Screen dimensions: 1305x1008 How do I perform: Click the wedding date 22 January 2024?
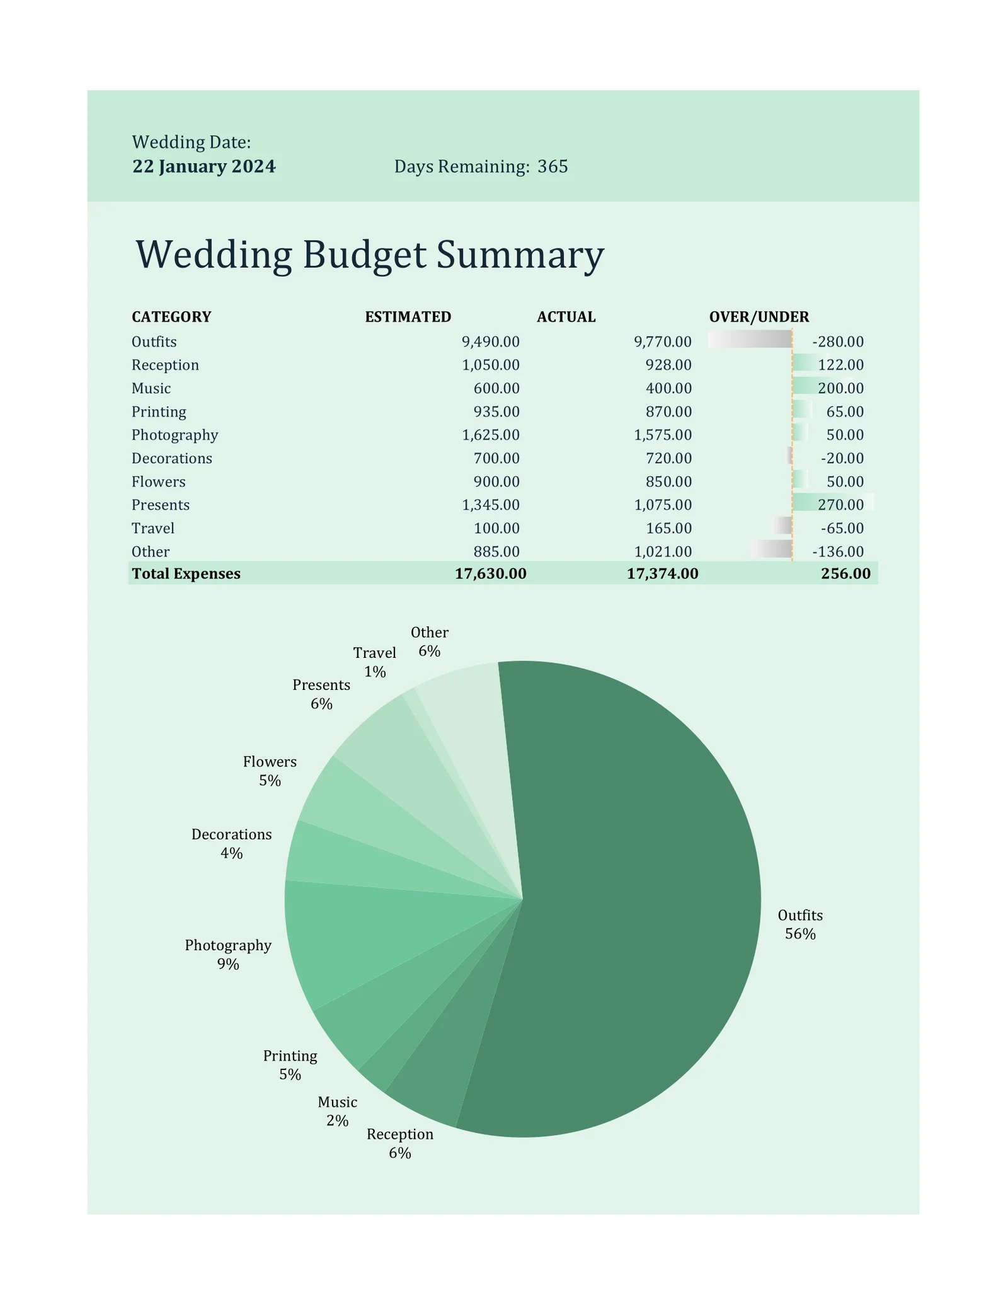(203, 166)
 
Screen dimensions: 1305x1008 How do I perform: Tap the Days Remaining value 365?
(553, 166)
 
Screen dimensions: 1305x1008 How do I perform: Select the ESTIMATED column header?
(408, 316)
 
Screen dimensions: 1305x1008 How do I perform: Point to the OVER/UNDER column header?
(759, 316)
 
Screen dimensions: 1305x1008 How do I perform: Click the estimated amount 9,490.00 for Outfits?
(490, 342)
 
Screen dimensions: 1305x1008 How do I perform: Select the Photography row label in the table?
(175, 435)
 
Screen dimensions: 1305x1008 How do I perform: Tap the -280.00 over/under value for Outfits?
(837, 342)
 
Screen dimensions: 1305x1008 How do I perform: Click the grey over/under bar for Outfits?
(750, 339)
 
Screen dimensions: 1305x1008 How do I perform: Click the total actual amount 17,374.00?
(662, 573)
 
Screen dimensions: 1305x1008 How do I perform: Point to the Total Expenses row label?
(186, 573)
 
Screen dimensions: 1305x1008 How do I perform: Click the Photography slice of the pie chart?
(353, 933)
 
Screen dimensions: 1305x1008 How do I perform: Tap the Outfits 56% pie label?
(799, 924)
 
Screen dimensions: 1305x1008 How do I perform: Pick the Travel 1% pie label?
(374, 662)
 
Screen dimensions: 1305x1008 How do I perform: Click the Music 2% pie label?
(337, 1111)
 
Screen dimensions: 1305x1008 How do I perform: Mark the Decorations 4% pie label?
(231, 843)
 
